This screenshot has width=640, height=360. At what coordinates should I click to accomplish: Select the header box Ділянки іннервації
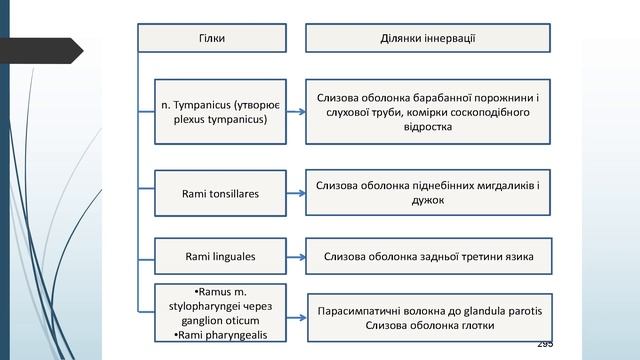coord(427,38)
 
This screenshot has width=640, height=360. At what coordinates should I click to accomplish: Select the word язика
coord(517,257)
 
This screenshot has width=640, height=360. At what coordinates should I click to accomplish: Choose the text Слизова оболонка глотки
coord(427,327)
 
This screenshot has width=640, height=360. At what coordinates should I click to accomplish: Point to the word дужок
coord(427,200)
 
